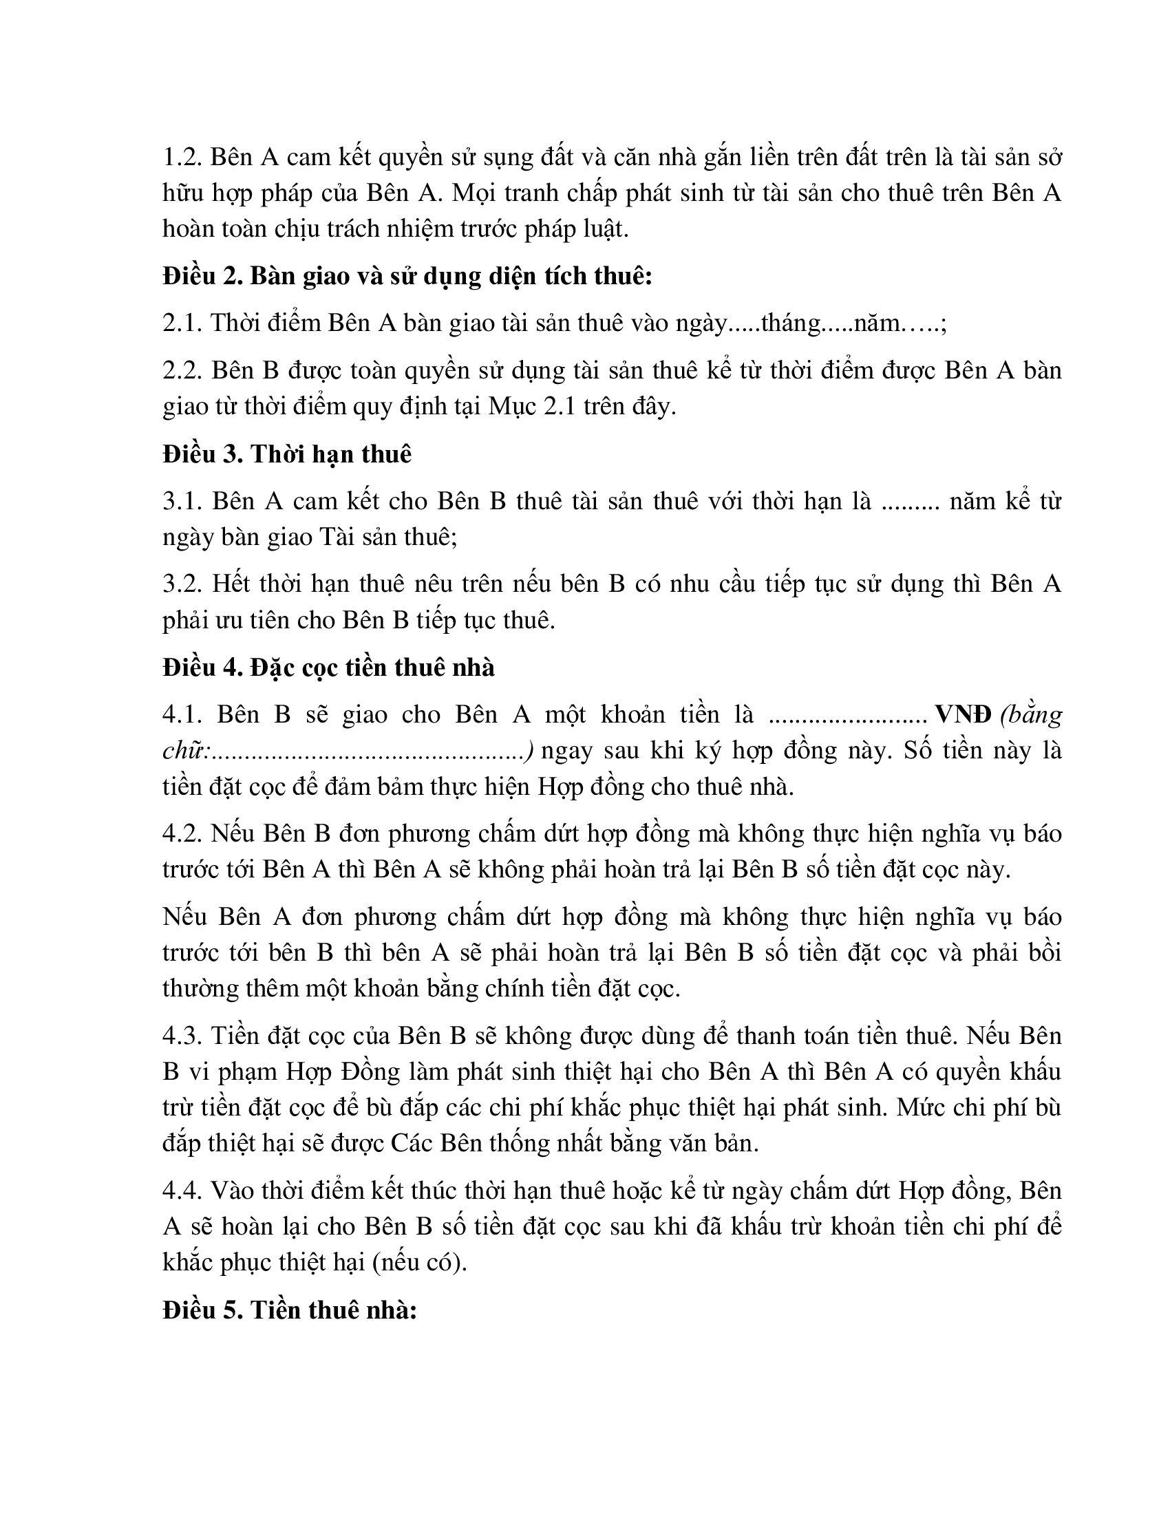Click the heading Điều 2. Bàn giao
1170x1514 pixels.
click(x=407, y=277)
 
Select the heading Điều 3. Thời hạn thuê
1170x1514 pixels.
click(x=287, y=454)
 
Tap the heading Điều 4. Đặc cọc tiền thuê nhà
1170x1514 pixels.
click(x=328, y=667)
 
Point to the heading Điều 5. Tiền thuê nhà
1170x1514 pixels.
click(x=289, y=1310)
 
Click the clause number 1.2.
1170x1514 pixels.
click(x=182, y=158)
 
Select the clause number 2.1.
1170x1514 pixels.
click(x=182, y=323)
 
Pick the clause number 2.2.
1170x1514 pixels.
click(x=182, y=371)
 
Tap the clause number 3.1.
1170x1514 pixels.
click(x=182, y=501)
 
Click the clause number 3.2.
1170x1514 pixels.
click(x=182, y=584)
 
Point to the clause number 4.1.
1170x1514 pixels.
click(x=182, y=715)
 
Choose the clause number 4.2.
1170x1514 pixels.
click(x=182, y=834)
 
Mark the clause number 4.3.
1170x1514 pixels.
click(x=182, y=1036)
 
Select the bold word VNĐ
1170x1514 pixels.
click(x=963, y=715)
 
